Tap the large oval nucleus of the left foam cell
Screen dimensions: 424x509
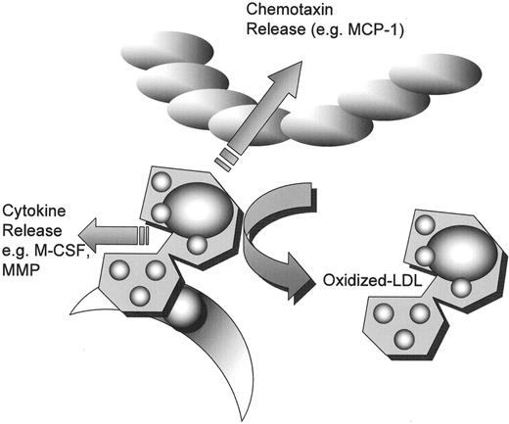coord(197,210)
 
